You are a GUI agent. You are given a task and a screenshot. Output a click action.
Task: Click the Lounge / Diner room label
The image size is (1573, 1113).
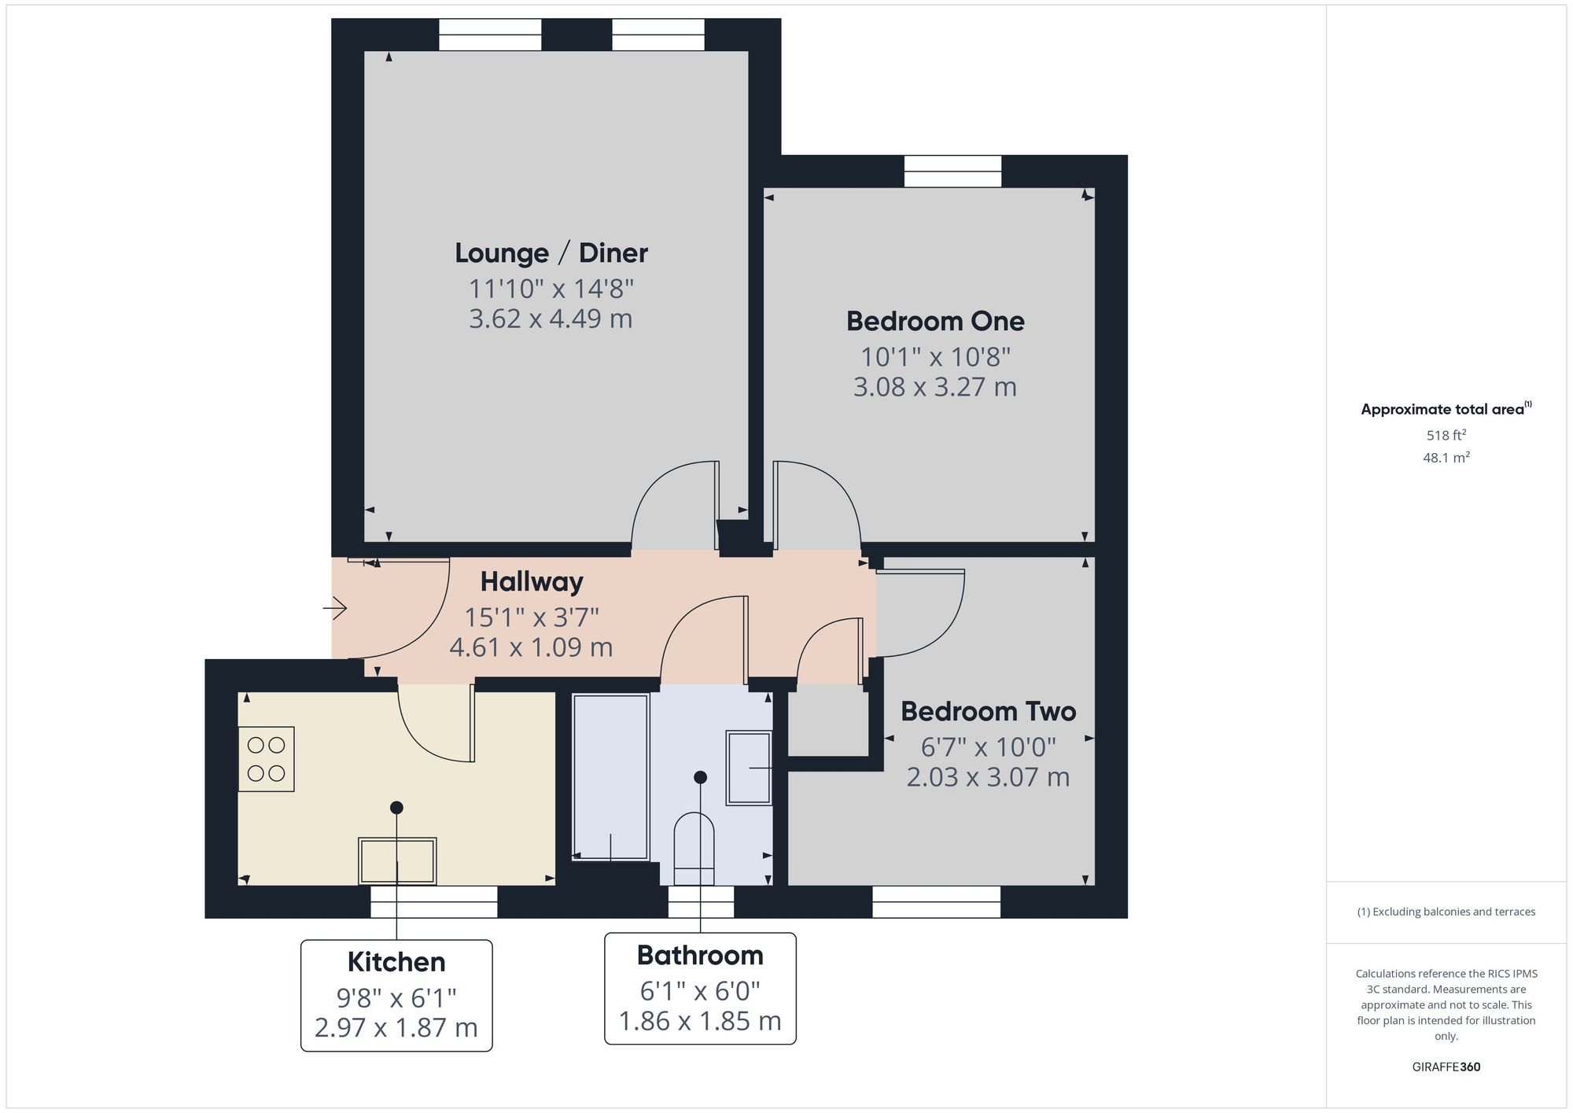[551, 253]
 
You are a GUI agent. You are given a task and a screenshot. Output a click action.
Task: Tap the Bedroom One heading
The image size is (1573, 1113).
[935, 321]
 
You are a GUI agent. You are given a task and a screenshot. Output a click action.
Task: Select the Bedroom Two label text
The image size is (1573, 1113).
[988, 711]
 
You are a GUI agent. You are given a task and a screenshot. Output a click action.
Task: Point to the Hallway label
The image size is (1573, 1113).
[532, 582]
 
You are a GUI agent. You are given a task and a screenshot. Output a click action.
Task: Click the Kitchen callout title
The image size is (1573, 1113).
[396, 962]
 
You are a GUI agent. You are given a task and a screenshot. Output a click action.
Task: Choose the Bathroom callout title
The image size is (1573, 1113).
[700, 955]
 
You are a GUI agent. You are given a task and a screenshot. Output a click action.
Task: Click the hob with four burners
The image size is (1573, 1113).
[266, 759]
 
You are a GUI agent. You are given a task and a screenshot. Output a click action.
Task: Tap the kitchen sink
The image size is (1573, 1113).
[397, 861]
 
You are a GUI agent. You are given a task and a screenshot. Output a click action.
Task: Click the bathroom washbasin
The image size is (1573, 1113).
[749, 768]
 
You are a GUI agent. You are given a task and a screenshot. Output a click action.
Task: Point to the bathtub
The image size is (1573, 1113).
[611, 777]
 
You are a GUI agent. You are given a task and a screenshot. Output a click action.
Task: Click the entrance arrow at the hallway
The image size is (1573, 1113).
[335, 608]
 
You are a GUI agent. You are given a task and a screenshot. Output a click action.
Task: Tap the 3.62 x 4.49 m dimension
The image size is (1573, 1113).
[551, 319]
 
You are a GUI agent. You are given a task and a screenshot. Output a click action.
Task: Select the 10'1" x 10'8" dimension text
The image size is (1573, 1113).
[935, 357]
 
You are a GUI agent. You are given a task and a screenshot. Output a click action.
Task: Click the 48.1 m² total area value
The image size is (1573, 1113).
[1446, 457]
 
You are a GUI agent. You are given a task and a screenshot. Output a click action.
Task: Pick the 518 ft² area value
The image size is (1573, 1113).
[1446, 435]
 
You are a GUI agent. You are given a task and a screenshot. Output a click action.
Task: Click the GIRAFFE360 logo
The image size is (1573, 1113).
[1446, 1067]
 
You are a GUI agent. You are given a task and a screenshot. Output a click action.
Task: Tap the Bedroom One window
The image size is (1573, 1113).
[953, 171]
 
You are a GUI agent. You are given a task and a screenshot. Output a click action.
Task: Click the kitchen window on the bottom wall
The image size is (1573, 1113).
[434, 901]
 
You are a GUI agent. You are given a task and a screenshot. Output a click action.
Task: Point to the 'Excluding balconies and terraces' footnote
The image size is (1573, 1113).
[1446, 912]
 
